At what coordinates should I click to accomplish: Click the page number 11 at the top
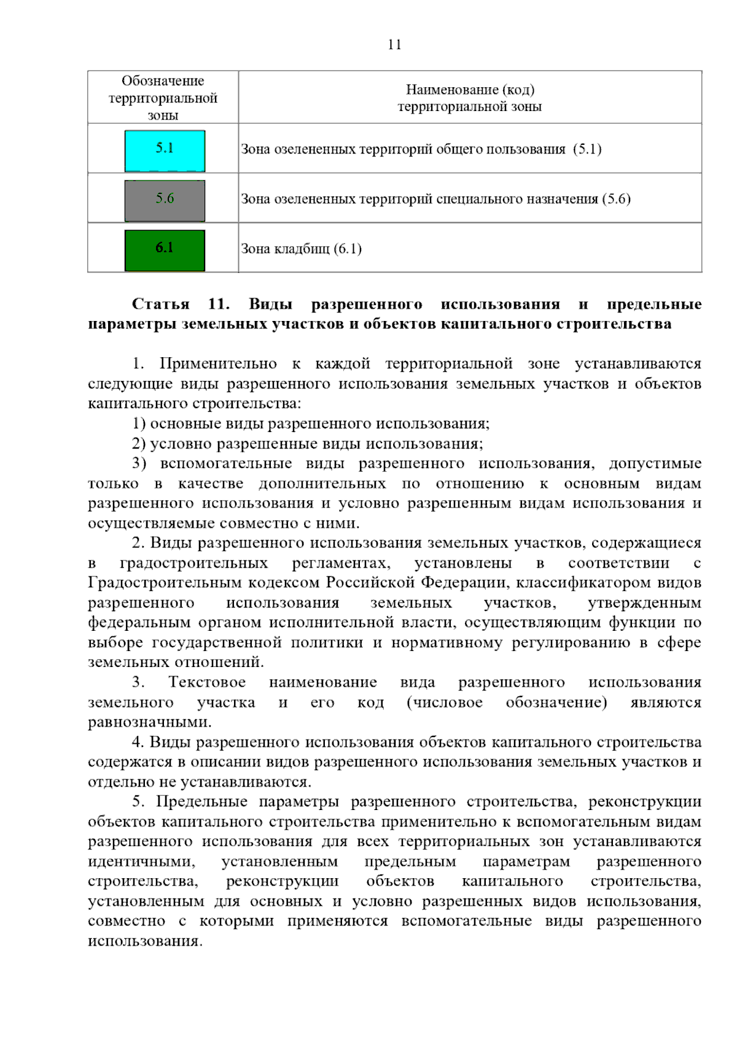coord(394,45)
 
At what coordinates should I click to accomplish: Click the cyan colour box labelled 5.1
coord(165,150)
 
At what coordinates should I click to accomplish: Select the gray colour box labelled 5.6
coord(165,201)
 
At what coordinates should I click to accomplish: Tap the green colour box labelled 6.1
coord(165,250)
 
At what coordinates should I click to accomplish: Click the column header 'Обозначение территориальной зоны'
coord(163,98)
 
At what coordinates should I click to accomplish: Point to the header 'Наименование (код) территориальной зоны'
coord(470,98)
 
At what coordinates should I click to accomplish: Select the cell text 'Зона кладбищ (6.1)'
coord(301,249)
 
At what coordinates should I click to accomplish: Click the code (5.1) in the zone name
coord(587,149)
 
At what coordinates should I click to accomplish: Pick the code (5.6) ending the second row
coord(616,199)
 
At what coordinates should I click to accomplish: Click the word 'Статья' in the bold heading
coord(161,304)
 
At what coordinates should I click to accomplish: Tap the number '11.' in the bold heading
coord(219,304)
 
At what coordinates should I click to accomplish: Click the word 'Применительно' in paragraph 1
coord(218,364)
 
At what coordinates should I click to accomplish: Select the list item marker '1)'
coord(139,423)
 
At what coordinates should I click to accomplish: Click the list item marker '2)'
coord(139,444)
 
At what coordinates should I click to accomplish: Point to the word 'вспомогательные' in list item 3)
coord(226,463)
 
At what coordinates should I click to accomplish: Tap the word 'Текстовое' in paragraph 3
coord(207,682)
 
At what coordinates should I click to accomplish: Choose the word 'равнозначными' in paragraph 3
coord(149,722)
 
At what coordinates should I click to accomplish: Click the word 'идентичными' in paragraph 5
coord(141,862)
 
